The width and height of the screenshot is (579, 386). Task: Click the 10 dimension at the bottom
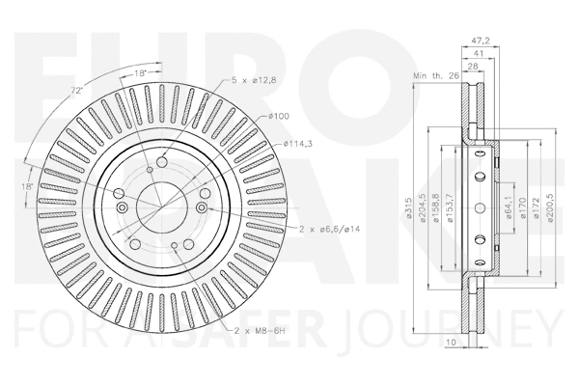(x=450, y=342)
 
